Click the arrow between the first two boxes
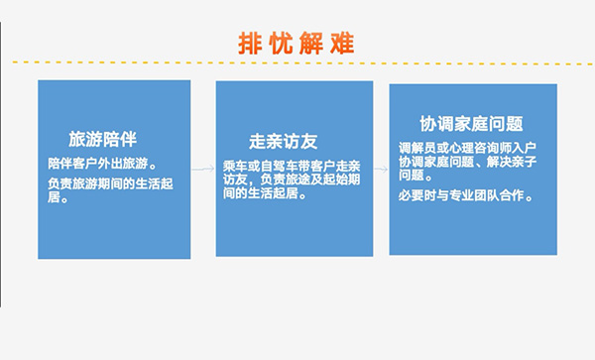click(203, 169)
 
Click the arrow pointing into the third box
click(381, 169)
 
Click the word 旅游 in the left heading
click(83, 138)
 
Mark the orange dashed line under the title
click(297, 62)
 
